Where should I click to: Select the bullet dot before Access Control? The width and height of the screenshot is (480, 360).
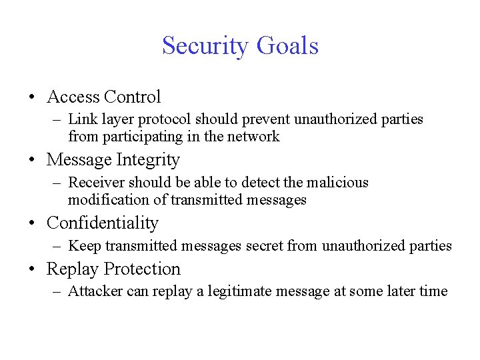coord(33,97)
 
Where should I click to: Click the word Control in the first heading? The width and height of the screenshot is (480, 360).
coord(133,97)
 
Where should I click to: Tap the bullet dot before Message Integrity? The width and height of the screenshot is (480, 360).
coord(33,161)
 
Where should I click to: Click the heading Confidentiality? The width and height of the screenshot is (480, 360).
coord(103,223)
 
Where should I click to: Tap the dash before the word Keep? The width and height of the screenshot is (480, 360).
coord(58,246)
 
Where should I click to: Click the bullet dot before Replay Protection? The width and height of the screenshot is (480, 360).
coord(33,270)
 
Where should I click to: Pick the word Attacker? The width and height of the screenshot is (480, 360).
coord(94,291)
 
